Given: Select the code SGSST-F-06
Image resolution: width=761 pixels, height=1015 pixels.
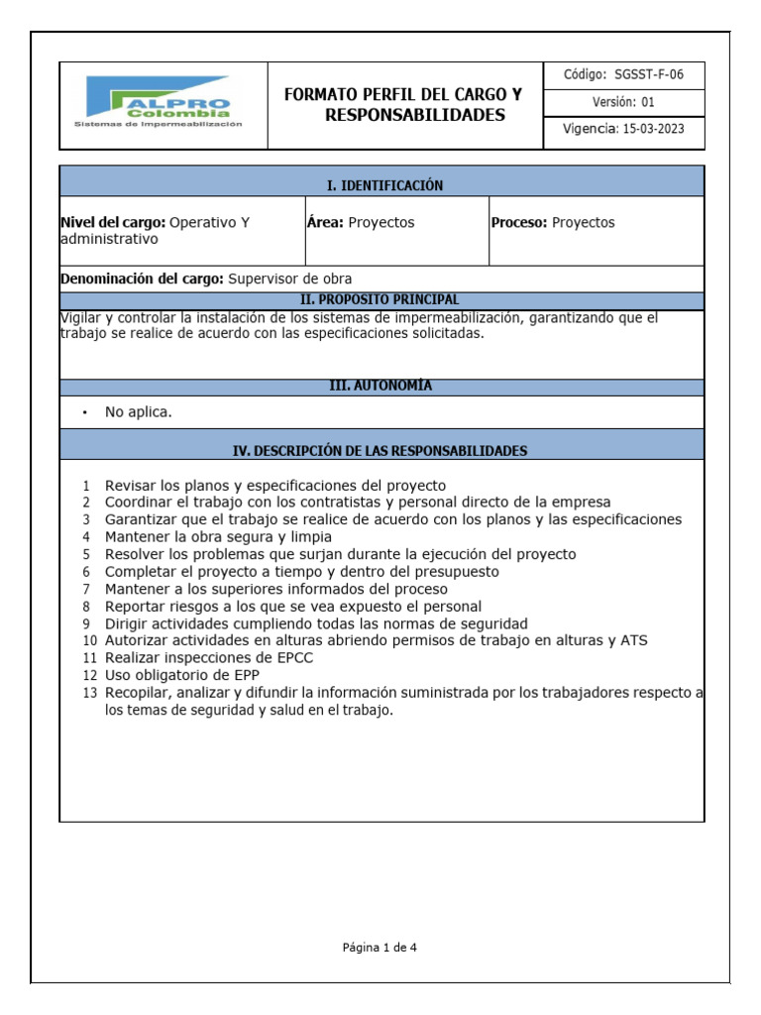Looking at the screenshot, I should click(649, 74).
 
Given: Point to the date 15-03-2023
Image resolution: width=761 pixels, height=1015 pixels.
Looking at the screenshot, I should click(653, 129).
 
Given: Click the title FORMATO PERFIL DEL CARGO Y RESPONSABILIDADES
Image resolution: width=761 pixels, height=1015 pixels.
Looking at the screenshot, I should click(402, 105).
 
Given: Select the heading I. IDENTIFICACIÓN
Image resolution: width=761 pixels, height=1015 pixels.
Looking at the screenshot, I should click(384, 185).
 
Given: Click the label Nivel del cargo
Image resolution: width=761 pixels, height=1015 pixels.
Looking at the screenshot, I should click(112, 222).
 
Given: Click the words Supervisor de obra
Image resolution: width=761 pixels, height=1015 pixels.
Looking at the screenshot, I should click(289, 279).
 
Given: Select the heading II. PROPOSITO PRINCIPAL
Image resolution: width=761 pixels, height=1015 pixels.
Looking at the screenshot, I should click(380, 299).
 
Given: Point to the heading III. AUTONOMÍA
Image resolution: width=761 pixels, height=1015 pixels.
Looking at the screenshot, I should click(380, 386).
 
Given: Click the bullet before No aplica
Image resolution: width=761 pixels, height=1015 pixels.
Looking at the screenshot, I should click(86, 412).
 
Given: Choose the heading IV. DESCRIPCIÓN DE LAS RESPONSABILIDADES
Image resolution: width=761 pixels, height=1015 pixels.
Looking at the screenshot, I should click(380, 450).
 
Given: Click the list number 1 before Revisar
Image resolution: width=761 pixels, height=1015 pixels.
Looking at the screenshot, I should click(86, 486).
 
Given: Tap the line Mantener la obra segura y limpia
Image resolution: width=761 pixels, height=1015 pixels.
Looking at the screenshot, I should click(218, 536).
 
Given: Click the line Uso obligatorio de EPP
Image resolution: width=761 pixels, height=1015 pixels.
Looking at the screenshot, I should click(182, 675).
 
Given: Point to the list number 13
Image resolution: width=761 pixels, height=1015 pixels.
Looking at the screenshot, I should click(89, 692).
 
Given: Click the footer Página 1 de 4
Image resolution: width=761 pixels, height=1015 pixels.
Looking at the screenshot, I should click(380, 947).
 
